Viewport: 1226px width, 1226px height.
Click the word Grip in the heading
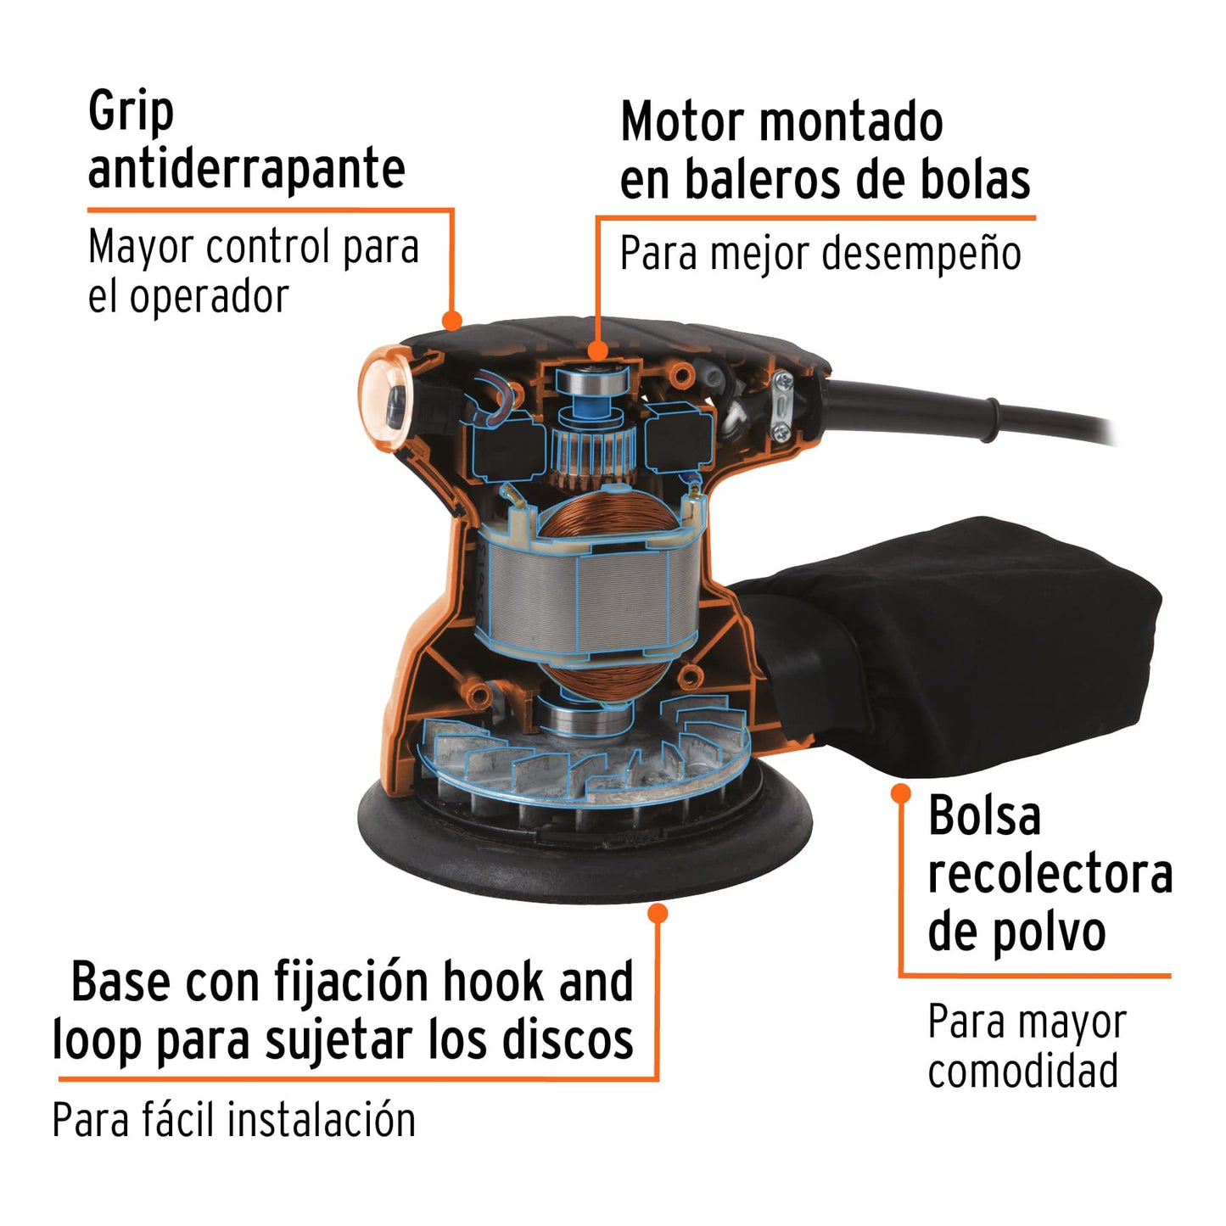(131, 112)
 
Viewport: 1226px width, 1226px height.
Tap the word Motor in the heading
(680, 122)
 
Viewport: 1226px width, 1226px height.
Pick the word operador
(209, 297)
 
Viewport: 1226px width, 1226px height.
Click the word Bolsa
(984, 816)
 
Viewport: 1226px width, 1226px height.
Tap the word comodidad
(1022, 1072)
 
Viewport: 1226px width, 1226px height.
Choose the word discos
(568, 1040)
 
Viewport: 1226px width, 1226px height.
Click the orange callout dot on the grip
(452, 320)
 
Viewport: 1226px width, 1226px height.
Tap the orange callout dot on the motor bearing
(598, 350)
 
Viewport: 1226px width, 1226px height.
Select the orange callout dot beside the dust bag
(901, 793)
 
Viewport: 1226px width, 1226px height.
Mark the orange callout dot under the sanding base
(658, 913)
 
